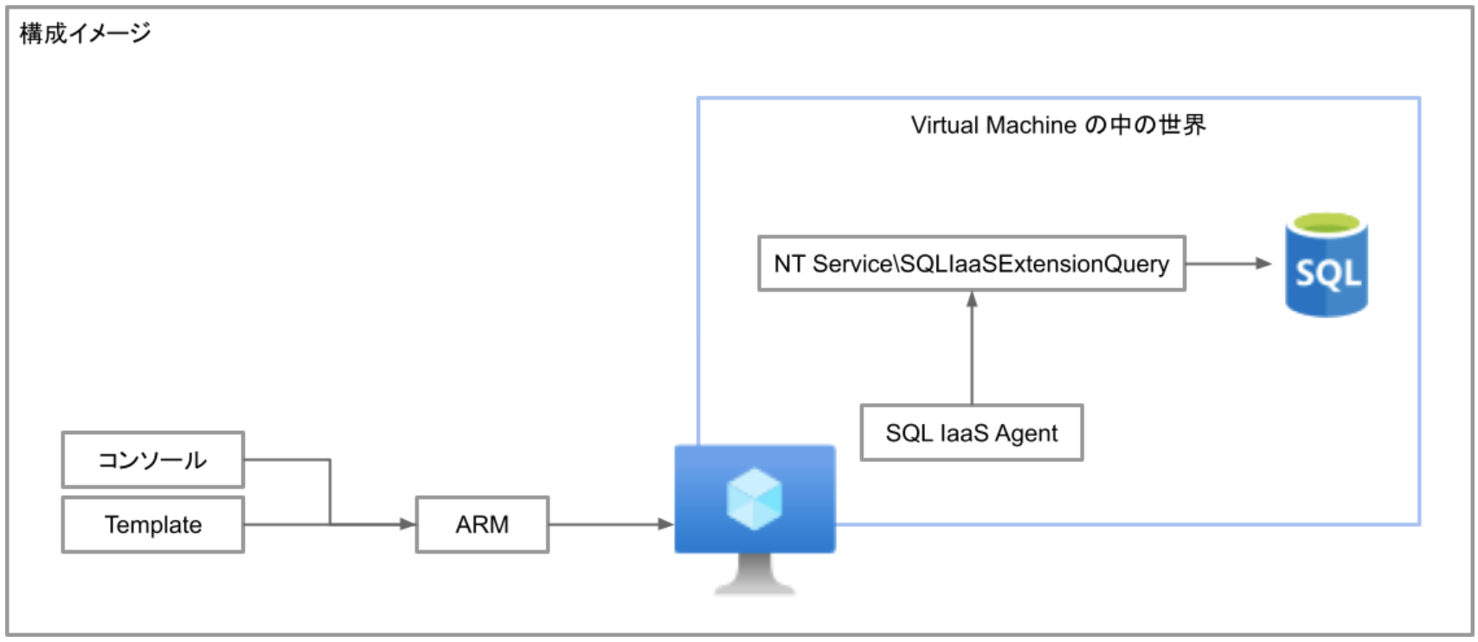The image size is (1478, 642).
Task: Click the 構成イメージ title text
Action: point(85,34)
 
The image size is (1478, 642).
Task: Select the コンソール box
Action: point(153,460)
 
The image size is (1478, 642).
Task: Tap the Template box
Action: point(153,525)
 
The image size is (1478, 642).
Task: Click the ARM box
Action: point(482,525)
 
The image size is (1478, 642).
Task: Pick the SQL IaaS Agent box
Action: point(971,433)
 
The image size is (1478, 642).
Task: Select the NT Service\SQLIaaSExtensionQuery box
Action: point(971,264)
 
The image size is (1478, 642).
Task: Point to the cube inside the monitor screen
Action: point(755,498)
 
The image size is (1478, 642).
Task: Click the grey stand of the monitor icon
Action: point(755,575)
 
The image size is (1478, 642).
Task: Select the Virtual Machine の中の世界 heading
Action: point(1057,125)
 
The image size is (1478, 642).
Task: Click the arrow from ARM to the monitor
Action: point(611,524)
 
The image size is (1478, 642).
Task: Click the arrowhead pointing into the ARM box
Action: point(408,524)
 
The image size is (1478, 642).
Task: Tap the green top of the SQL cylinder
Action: point(1327,224)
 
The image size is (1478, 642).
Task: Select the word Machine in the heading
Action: point(1031,125)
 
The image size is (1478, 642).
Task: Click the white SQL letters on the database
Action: point(1327,274)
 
